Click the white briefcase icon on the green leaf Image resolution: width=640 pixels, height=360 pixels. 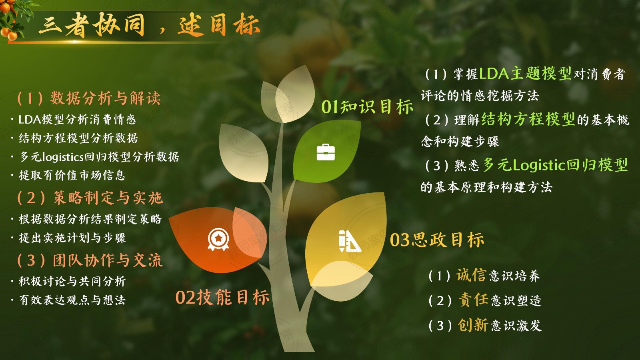[x=326, y=152]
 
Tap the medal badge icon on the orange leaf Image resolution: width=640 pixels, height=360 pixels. [x=218, y=240]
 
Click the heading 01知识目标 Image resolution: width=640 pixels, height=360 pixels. [x=368, y=107]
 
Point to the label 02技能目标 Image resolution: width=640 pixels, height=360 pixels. [x=222, y=297]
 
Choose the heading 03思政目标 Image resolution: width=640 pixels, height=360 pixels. [x=437, y=240]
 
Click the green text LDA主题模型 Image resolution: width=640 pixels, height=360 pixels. [x=525, y=74]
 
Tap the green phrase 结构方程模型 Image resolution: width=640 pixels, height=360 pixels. [x=528, y=119]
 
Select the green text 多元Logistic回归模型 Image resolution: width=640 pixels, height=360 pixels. [x=555, y=165]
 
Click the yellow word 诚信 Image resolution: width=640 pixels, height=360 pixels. [x=471, y=275]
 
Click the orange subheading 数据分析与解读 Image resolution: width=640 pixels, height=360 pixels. [x=105, y=98]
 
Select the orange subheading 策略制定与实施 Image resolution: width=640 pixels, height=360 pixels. [x=108, y=198]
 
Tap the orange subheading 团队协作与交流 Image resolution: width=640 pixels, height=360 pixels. [x=108, y=260]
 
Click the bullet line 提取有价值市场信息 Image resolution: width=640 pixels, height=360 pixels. [x=72, y=175]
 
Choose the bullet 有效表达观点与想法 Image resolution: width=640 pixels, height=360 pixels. [x=72, y=300]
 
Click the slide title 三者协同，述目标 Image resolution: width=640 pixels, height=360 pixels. [x=149, y=25]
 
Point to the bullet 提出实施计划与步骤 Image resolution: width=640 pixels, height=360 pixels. [x=72, y=238]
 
